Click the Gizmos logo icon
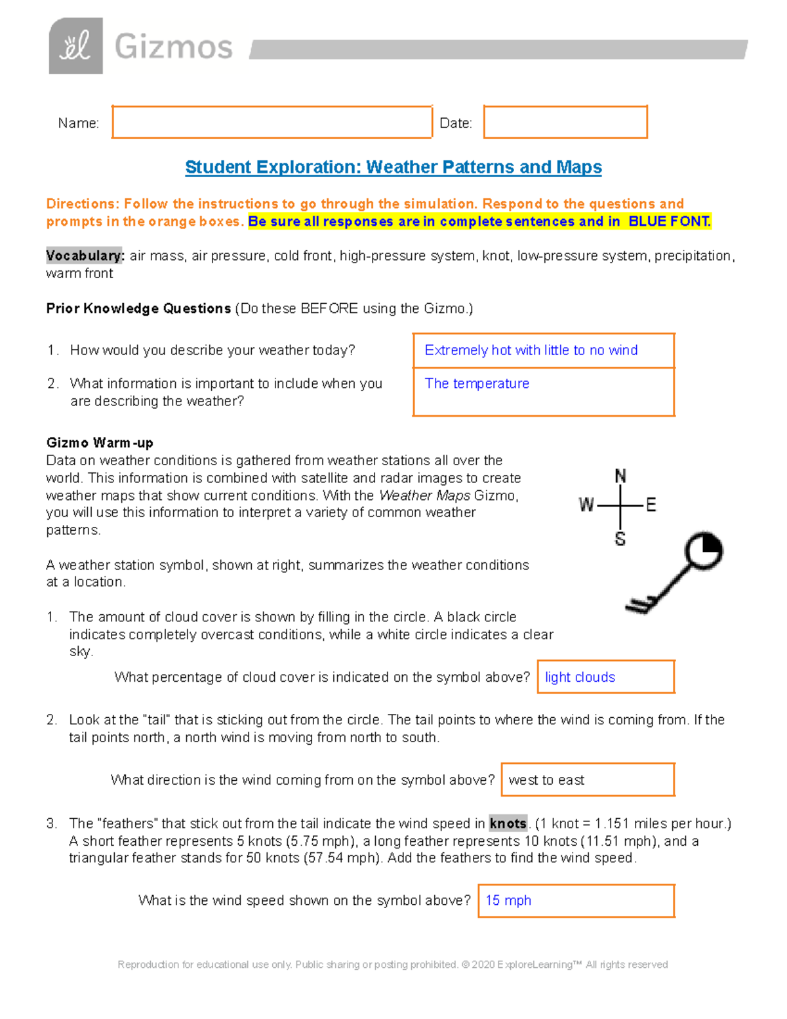click(75, 46)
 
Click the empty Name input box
click(272, 122)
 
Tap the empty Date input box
click(565, 122)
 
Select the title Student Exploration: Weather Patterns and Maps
click(393, 167)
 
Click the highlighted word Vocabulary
click(85, 255)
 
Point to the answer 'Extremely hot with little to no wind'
click(531, 350)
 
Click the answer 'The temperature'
click(477, 384)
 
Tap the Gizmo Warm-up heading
click(100, 443)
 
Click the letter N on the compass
click(620, 476)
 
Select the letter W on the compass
click(586, 505)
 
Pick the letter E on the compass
click(651, 505)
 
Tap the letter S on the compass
click(620, 539)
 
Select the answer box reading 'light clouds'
click(605, 677)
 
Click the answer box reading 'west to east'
click(588, 780)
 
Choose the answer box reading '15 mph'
click(576, 900)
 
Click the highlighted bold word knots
click(508, 823)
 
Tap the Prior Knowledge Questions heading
click(138, 308)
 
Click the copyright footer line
click(392, 965)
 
